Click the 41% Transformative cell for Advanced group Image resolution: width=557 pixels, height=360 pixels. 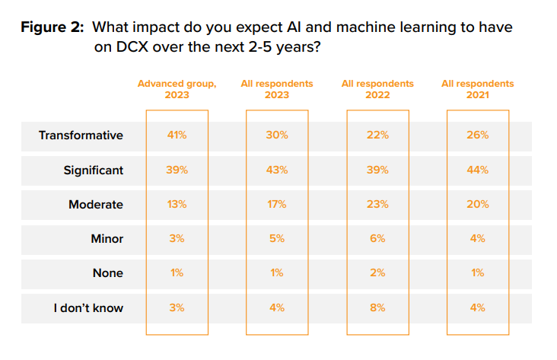coord(177,135)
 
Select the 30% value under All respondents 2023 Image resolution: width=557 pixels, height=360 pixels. coord(277,135)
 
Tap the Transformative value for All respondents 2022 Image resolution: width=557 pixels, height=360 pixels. coord(377,135)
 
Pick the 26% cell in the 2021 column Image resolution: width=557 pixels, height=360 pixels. coord(478,135)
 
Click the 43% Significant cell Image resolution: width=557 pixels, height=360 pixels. coord(277,170)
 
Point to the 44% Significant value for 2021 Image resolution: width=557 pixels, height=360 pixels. coord(478,170)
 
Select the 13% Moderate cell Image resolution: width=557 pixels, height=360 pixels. coord(177,205)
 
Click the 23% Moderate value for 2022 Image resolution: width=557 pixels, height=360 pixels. coord(377,205)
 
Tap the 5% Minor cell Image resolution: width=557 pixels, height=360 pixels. coord(277,239)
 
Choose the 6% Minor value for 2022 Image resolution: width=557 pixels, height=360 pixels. coord(377,239)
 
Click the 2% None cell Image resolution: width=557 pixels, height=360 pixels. coord(377,273)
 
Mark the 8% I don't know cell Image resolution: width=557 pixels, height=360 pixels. coord(377,308)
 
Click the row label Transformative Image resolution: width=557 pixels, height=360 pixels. coord(81,135)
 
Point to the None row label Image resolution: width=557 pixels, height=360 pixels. coord(107,273)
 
